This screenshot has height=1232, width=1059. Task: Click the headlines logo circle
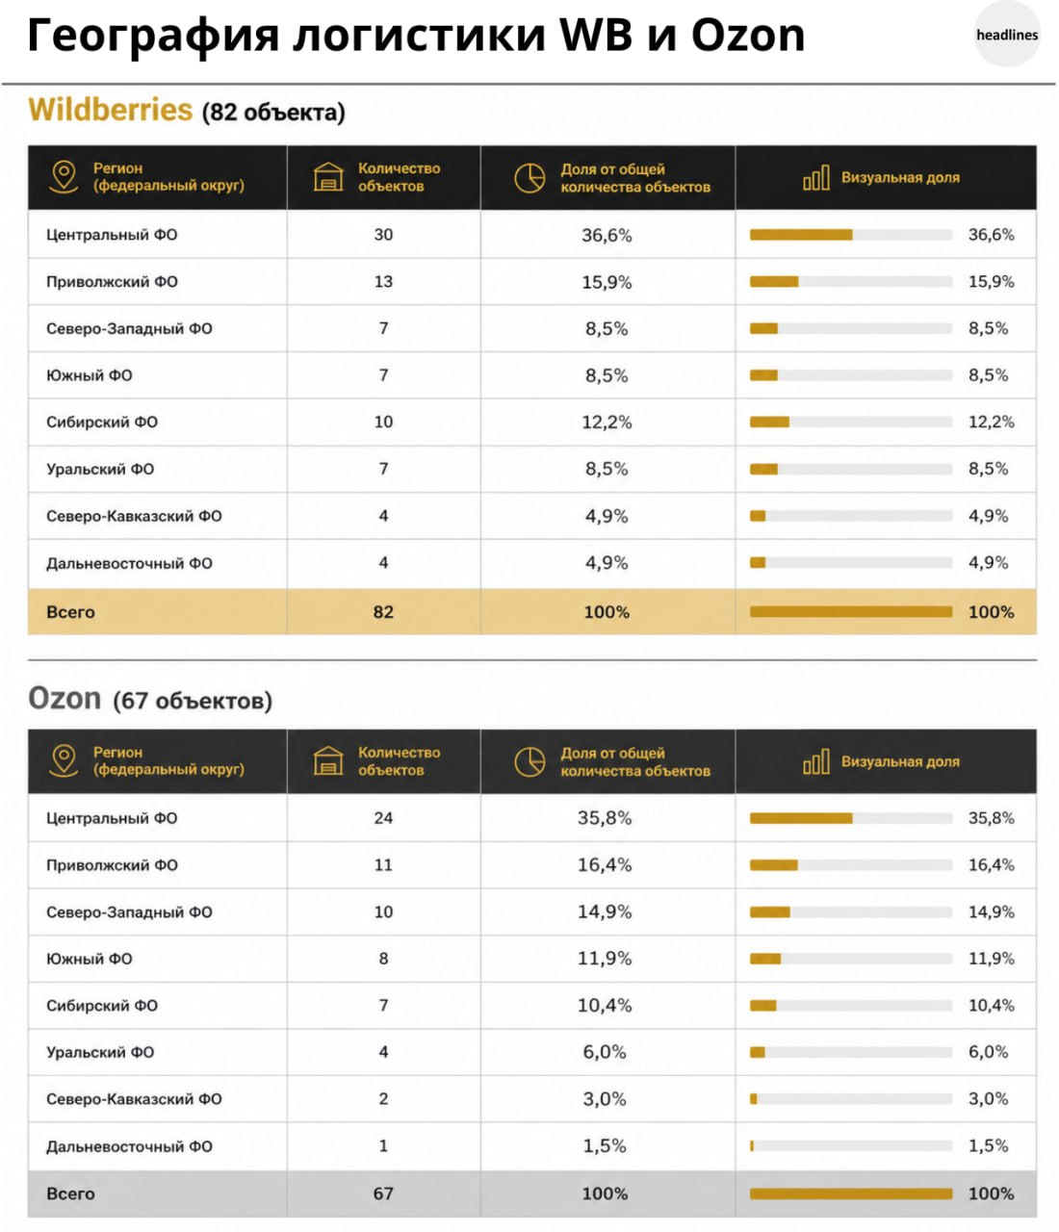(x=1006, y=35)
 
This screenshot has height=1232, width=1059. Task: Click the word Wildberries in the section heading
(x=111, y=110)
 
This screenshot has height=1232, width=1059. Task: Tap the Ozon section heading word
(x=65, y=698)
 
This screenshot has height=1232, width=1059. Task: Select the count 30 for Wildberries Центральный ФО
(x=383, y=234)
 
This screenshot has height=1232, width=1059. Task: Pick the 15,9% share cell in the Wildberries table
(x=607, y=281)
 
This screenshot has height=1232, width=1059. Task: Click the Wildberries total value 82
(x=383, y=611)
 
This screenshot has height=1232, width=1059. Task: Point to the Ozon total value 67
(x=383, y=1193)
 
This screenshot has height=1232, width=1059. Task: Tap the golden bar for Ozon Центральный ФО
(x=801, y=818)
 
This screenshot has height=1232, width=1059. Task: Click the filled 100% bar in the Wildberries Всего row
(x=851, y=611)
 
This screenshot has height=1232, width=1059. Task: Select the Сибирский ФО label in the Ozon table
(x=102, y=1006)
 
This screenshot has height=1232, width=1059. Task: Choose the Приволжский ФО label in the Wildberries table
(x=112, y=281)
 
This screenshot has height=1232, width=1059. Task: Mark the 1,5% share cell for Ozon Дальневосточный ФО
(x=604, y=1145)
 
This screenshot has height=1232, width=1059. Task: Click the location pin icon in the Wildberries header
(x=64, y=177)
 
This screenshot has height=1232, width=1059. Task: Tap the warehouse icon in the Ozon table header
(x=328, y=760)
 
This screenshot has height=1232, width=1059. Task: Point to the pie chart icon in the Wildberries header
(x=529, y=178)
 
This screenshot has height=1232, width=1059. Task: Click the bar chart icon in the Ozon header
(x=815, y=761)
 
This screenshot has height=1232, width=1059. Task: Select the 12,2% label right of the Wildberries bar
(x=991, y=422)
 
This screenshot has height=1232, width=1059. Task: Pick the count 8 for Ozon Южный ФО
(x=383, y=959)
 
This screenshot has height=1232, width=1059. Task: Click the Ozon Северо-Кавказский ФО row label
(x=134, y=1099)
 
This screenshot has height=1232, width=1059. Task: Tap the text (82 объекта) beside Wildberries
(x=273, y=112)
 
